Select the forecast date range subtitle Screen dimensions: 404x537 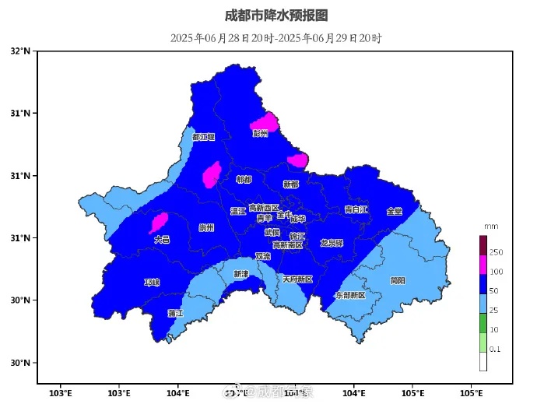pyautogui.click(x=276, y=38)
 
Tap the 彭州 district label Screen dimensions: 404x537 pyautogui.click(x=260, y=133)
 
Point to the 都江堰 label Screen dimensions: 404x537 pyautogui.click(x=203, y=137)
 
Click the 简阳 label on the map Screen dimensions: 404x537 pyautogui.click(x=397, y=280)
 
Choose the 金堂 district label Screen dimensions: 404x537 pyautogui.click(x=395, y=211)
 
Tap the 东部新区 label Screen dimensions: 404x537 pyautogui.click(x=349, y=296)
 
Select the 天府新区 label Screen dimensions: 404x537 pyautogui.click(x=297, y=279)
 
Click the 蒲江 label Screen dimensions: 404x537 pyautogui.click(x=175, y=313)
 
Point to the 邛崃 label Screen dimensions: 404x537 pyautogui.click(x=152, y=282)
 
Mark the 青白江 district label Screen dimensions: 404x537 pyautogui.click(x=356, y=209)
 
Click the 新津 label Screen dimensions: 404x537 pyautogui.click(x=241, y=274)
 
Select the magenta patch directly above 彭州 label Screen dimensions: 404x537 pyautogui.click(x=265, y=121)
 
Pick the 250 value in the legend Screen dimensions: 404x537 pyautogui.click(x=496, y=253)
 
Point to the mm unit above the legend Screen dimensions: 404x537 pyautogui.click(x=490, y=227)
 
